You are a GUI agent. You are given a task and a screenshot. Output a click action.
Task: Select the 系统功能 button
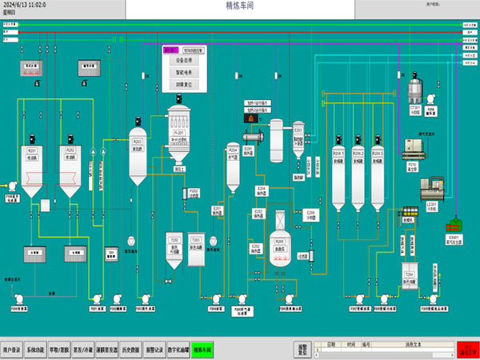pyautogui.click(x=37, y=350)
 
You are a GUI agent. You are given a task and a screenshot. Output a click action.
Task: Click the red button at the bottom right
pyautogui.click(x=466, y=350)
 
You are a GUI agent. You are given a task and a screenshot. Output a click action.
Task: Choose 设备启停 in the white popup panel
pyautogui.click(x=184, y=59)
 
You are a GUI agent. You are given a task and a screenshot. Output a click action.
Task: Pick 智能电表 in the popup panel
pyautogui.click(x=184, y=71)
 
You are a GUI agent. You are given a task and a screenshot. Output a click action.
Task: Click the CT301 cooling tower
pyautogui.click(x=415, y=90)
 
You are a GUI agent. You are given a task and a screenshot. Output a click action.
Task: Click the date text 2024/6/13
pyautogui.click(x=24, y=5)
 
